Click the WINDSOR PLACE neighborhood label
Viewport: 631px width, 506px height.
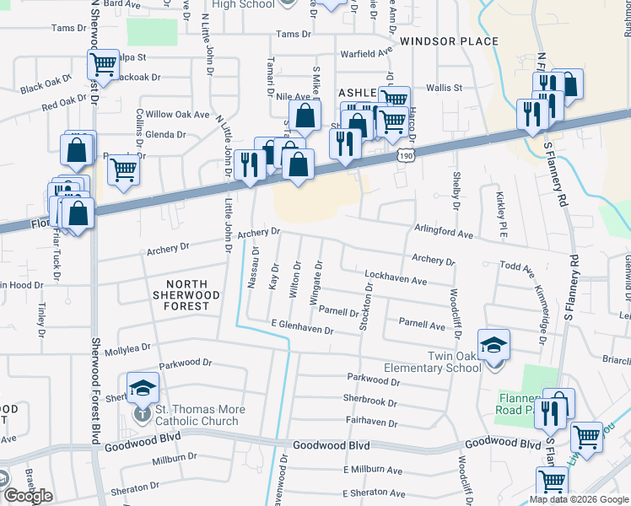tap(449, 41)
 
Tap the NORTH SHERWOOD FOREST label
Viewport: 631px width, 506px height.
tap(186, 295)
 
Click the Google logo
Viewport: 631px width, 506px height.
tap(28, 496)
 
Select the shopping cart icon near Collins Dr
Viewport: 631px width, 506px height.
tap(123, 170)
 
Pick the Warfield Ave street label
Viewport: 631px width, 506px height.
tap(366, 53)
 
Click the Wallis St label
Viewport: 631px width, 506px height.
tap(444, 88)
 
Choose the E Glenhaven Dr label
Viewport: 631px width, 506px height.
tap(303, 327)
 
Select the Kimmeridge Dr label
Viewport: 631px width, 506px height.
tap(542, 305)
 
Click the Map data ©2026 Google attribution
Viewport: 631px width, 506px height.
tap(579, 499)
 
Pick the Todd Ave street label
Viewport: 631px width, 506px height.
tap(517, 268)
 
